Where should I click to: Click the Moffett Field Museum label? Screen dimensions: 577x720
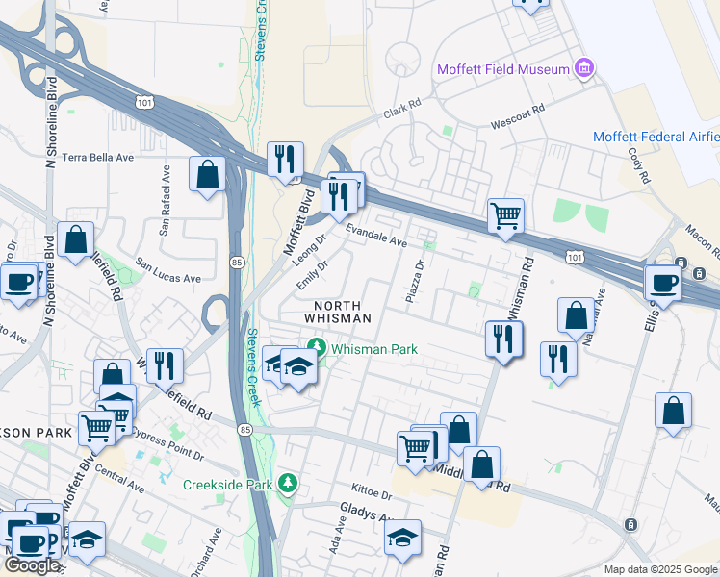click(x=501, y=69)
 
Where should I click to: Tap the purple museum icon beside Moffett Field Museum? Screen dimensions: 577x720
click(x=583, y=69)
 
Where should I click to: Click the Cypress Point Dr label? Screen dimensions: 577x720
click(x=164, y=435)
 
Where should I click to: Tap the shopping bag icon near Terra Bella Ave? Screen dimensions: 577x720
click(x=207, y=174)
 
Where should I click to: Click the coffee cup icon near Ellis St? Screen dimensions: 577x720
click(x=662, y=282)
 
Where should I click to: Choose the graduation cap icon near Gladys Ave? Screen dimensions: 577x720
click(x=403, y=538)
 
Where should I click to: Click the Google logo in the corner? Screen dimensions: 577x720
click(x=32, y=565)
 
